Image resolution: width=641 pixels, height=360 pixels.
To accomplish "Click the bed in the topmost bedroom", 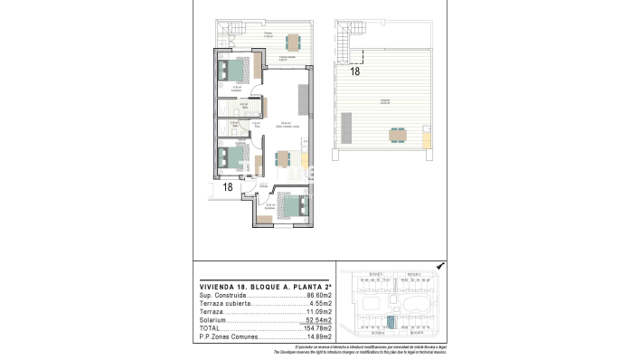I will (x=237, y=69).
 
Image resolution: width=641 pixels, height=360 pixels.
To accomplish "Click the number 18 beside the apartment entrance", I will (x=227, y=187).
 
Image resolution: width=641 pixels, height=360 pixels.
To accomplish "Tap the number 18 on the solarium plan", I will (x=355, y=70).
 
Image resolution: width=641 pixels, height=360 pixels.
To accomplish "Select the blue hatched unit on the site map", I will (x=391, y=319).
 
